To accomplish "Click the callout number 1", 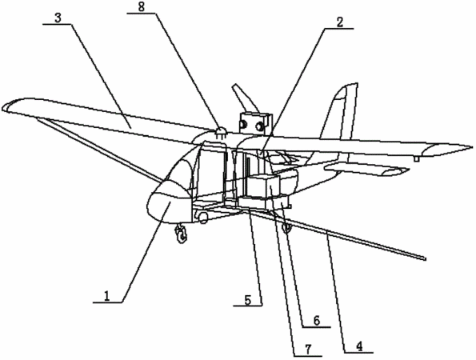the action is (x=106, y=295).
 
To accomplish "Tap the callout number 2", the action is (x=340, y=22).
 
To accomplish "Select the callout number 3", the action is (x=58, y=18).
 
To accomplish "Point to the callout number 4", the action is (x=359, y=346).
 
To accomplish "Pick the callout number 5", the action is (x=248, y=300).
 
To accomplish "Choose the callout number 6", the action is (x=316, y=321).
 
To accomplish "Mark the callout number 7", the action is (x=308, y=350).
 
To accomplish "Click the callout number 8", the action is (x=142, y=7).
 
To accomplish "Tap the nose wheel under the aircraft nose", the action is (x=182, y=233).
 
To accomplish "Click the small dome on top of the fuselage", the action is (x=221, y=131).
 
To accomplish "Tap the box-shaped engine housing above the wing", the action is (x=254, y=122).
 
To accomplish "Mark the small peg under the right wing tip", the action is (x=417, y=158).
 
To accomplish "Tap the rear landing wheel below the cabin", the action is (x=286, y=227).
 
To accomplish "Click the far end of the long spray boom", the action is (x=424, y=258).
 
